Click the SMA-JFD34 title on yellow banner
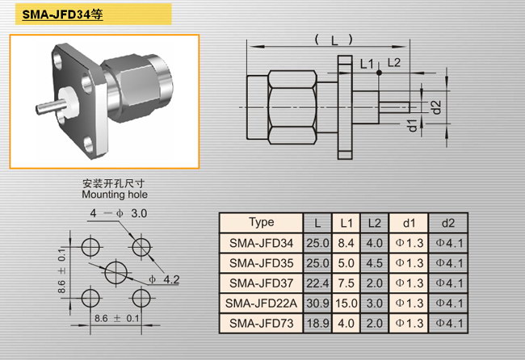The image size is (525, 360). (x=62, y=15)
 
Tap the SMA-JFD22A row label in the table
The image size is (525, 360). (x=261, y=303)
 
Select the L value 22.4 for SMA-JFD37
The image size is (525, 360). (x=317, y=283)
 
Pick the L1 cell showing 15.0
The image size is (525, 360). (x=346, y=303)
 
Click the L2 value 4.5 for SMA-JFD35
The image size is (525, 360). (x=374, y=263)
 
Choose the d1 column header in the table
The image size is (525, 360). (x=409, y=223)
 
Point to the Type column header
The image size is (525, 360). (x=261, y=222)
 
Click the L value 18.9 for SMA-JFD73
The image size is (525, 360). (x=317, y=324)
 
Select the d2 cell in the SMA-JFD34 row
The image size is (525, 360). (x=449, y=243)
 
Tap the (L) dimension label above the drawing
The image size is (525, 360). (x=334, y=40)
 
